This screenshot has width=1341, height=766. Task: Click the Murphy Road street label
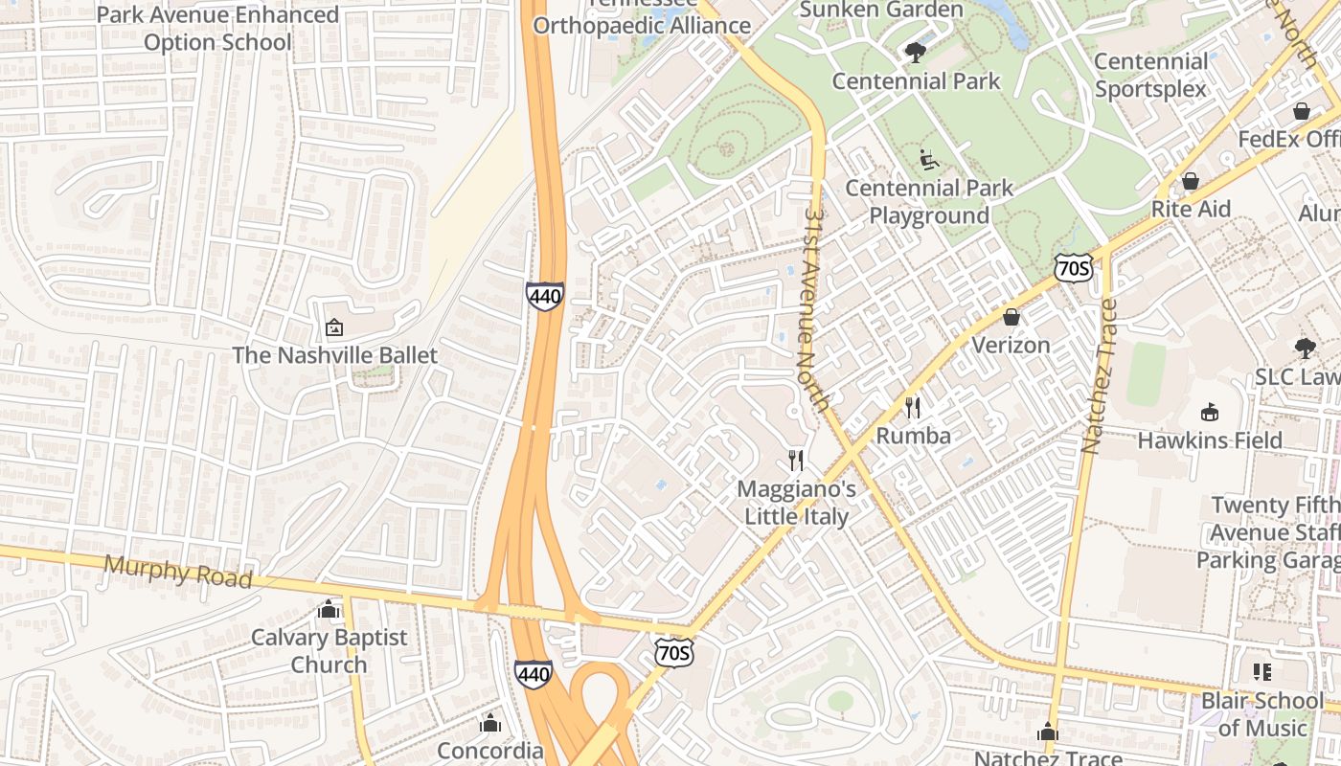(178, 572)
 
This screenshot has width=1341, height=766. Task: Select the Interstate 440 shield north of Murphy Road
(544, 296)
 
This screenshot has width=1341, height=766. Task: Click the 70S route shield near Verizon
(1073, 269)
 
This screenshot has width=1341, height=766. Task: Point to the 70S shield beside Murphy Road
(673, 653)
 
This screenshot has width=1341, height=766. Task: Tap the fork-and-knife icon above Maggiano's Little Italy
(796, 461)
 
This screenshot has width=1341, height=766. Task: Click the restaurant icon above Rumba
(913, 408)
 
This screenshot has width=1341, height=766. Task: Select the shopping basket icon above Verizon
(1011, 317)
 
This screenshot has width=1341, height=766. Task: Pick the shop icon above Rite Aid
(1190, 181)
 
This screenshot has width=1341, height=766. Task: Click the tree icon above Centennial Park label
(916, 53)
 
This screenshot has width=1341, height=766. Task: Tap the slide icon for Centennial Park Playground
(928, 160)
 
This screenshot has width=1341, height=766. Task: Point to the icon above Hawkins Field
(1210, 413)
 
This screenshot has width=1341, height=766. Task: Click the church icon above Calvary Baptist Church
(329, 610)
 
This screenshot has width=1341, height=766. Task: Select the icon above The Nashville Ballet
(334, 327)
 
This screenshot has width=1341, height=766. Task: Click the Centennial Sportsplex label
(1150, 75)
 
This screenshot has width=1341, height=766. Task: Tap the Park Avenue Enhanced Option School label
(217, 29)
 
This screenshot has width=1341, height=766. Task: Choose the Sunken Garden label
(880, 11)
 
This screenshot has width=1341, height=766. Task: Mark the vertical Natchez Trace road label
(1098, 375)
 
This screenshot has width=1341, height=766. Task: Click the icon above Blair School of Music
(1261, 672)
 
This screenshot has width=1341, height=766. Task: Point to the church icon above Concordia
(490, 723)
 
